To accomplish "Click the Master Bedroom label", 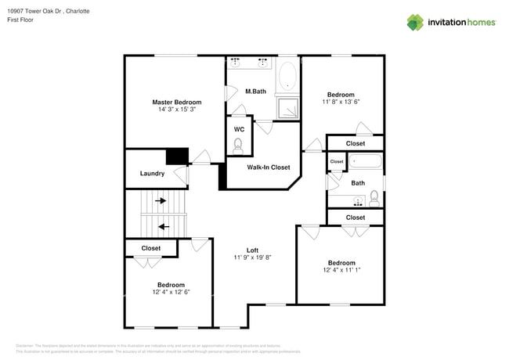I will pos(176,103).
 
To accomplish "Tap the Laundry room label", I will pos(152,174).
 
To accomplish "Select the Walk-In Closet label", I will pos(269,167).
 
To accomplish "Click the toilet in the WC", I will pos(238,144).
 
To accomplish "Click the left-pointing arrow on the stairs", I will pos(163,227).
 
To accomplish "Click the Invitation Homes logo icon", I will pos(415,22).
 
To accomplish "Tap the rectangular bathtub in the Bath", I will pos(365,163).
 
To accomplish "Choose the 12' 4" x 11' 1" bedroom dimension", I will pos(341,271).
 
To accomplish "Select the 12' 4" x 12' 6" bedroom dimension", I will pos(171,293).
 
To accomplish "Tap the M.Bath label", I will pos(255,92).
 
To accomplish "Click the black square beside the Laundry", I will pos(178,156).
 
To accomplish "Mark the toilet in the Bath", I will pos(374,196).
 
